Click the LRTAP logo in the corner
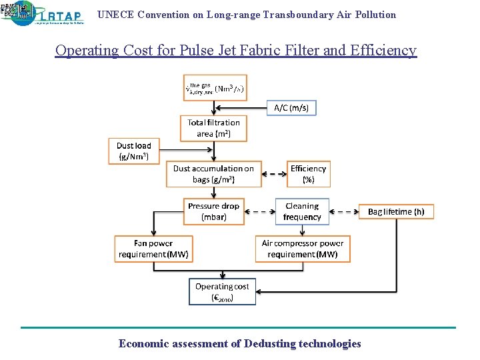tap(44, 13)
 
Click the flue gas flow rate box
tap(215, 88)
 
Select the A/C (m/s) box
tap(291, 107)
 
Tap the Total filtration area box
tap(213, 128)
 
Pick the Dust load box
tap(133, 151)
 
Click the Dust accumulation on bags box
tap(213, 174)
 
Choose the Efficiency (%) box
tap(308, 174)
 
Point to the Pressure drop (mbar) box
tap(213, 211)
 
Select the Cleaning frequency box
tap(302, 211)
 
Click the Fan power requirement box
tap(153, 249)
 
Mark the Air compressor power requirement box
tap(303, 249)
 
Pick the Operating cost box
tap(222, 291)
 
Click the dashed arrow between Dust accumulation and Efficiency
tap(275, 175)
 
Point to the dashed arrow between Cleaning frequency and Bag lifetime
tap(343, 212)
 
